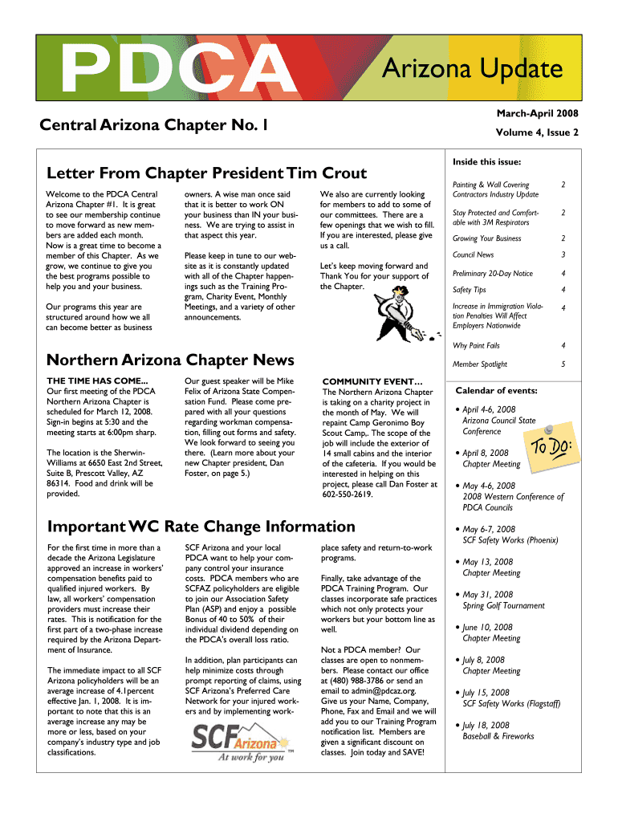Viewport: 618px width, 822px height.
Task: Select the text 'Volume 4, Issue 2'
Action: click(537, 133)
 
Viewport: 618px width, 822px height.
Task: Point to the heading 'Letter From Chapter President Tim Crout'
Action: click(207, 173)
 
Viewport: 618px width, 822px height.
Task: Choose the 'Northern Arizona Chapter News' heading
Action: click(171, 360)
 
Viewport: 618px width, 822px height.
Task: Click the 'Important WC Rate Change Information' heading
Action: click(201, 527)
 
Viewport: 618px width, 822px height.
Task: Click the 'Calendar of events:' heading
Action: click(496, 391)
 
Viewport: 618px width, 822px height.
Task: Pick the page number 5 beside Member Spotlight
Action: click(563, 364)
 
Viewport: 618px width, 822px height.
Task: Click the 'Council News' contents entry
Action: click(474, 254)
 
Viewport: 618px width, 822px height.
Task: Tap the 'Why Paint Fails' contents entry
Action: click(476, 346)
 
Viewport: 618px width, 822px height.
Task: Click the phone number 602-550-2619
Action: click(348, 495)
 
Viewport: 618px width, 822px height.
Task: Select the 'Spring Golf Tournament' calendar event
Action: click(503, 606)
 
